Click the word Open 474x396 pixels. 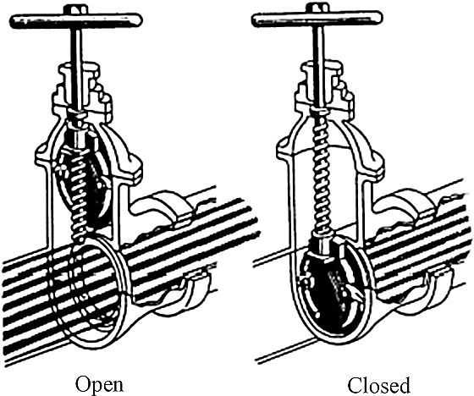(x=100, y=384)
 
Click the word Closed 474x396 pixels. (x=379, y=385)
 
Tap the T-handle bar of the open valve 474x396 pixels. (x=76, y=21)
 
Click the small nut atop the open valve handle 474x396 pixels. (x=77, y=9)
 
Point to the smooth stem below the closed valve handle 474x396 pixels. (x=319, y=67)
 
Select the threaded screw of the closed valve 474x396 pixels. (x=322, y=173)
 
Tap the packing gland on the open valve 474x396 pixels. (x=81, y=88)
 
